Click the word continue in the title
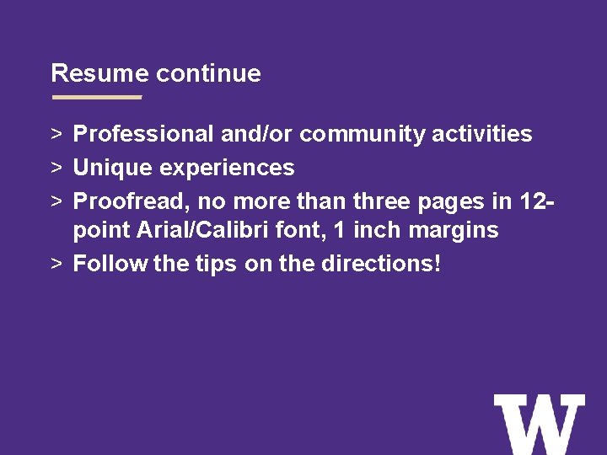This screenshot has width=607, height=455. (208, 73)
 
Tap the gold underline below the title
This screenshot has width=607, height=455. (97, 97)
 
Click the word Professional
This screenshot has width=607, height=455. (143, 134)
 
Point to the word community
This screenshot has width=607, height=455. (363, 134)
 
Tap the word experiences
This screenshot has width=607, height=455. (226, 168)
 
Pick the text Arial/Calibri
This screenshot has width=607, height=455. (207, 230)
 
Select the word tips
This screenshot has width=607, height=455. (216, 264)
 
